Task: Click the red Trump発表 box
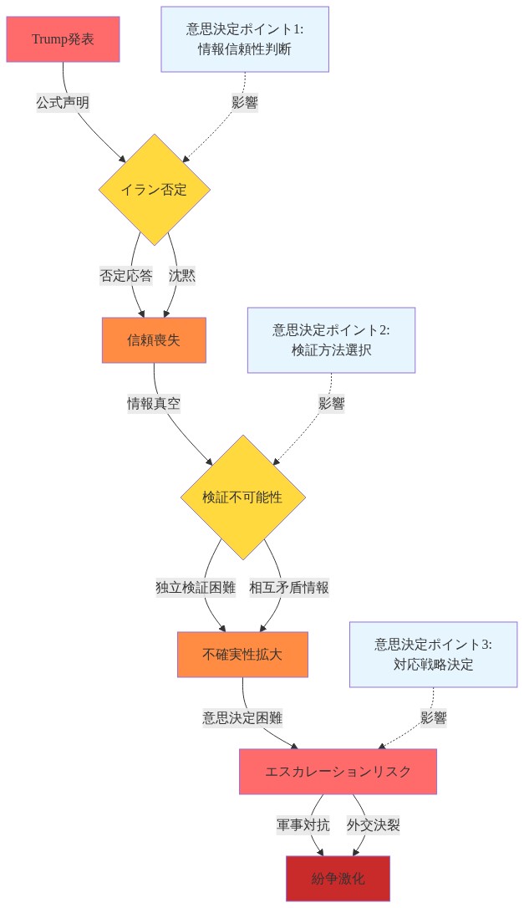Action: coord(64,39)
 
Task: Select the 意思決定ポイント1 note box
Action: coord(245,39)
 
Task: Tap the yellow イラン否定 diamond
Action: coord(154,190)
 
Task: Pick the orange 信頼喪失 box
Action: coord(154,340)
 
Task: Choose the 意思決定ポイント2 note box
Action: coord(331,340)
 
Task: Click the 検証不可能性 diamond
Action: coord(242,497)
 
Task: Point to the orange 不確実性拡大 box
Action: coord(242,655)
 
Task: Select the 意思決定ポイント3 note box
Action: coord(433,655)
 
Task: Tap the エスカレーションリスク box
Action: coord(338,772)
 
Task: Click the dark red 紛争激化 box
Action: coord(338,879)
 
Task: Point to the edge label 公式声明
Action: coord(64,103)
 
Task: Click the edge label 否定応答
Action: coord(126,276)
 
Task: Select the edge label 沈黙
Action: coord(182,276)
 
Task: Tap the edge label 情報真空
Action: coord(154,404)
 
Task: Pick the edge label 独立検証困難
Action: coord(196,588)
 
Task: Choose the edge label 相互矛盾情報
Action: coord(289,588)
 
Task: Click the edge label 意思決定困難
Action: coord(242,718)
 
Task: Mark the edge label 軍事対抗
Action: coord(303,825)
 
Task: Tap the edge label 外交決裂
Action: coord(374,825)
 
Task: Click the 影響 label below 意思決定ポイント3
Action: coord(434,718)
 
